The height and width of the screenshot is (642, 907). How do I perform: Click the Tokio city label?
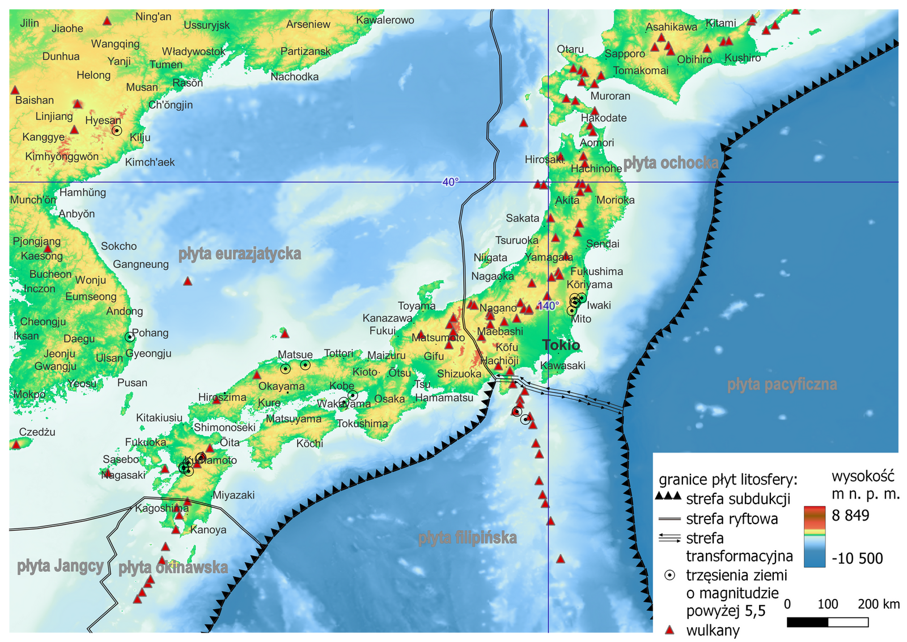click(x=561, y=345)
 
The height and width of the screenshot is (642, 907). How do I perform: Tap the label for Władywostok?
click(x=193, y=52)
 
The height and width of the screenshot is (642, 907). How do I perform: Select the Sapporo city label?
click(x=625, y=54)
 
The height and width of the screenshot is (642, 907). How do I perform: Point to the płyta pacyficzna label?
click(x=782, y=385)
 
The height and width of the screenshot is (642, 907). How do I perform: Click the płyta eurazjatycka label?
click(x=240, y=254)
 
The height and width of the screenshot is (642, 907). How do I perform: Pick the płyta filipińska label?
click(x=468, y=538)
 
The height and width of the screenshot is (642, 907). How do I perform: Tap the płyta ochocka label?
click(x=671, y=163)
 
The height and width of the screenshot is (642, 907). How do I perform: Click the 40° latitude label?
click(x=451, y=182)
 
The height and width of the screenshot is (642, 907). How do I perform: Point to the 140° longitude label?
click(x=548, y=306)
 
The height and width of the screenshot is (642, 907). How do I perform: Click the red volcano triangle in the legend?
click(x=670, y=630)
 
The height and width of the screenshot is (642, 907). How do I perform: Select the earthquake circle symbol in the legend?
click(x=670, y=575)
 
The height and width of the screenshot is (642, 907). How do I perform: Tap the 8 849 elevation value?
click(x=850, y=515)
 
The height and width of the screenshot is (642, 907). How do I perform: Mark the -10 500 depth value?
click(x=857, y=559)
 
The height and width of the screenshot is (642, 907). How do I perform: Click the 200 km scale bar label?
click(x=879, y=604)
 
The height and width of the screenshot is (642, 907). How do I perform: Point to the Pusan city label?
click(x=132, y=383)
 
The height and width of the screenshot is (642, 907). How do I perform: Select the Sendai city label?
click(x=603, y=244)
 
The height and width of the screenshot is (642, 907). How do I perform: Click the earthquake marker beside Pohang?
click(x=130, y=337)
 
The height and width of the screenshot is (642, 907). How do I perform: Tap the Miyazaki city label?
click(x=234, y=495)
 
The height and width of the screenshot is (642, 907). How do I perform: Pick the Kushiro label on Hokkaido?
click(x=743, y=58)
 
